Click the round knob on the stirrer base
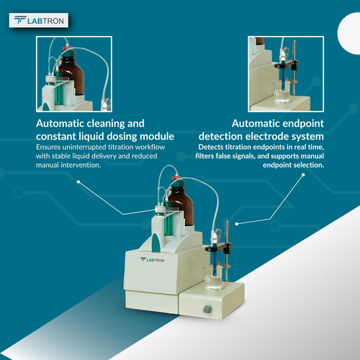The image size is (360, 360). pyautogui.click(x=207, y=308)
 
